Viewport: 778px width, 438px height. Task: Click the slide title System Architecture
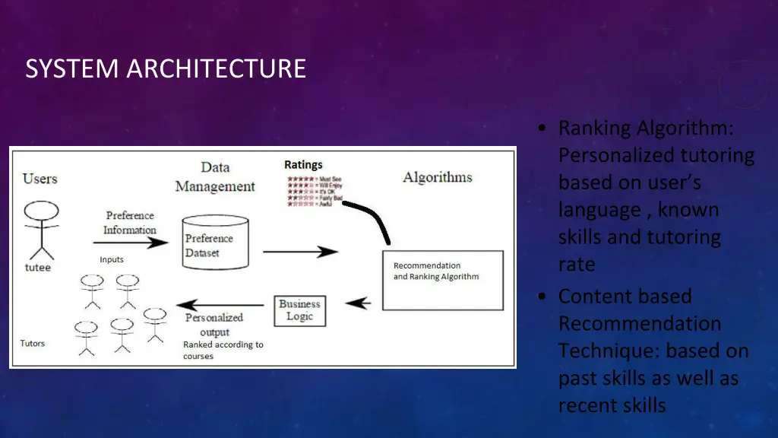click(165, 68)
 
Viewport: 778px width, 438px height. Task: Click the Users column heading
click(40, 179)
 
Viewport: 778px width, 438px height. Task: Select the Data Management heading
click(215, 176)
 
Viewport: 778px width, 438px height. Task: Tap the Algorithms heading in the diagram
click(437, 177)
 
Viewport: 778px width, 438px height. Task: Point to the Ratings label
click(303, 164)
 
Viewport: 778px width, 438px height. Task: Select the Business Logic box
click(299, 310)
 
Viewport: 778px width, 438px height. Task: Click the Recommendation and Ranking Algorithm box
click(442, 279)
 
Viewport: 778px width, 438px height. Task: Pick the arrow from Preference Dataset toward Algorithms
click(300, 252)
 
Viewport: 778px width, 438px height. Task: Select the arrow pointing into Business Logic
click(358, 303)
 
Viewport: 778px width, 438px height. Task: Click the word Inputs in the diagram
click(112, 260)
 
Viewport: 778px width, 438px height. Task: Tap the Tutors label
click(33, 344)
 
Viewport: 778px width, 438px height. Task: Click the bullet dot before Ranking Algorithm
click(540, 128)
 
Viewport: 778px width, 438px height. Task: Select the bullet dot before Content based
click(540, 297)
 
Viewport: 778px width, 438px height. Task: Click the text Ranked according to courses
click(223, 351)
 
